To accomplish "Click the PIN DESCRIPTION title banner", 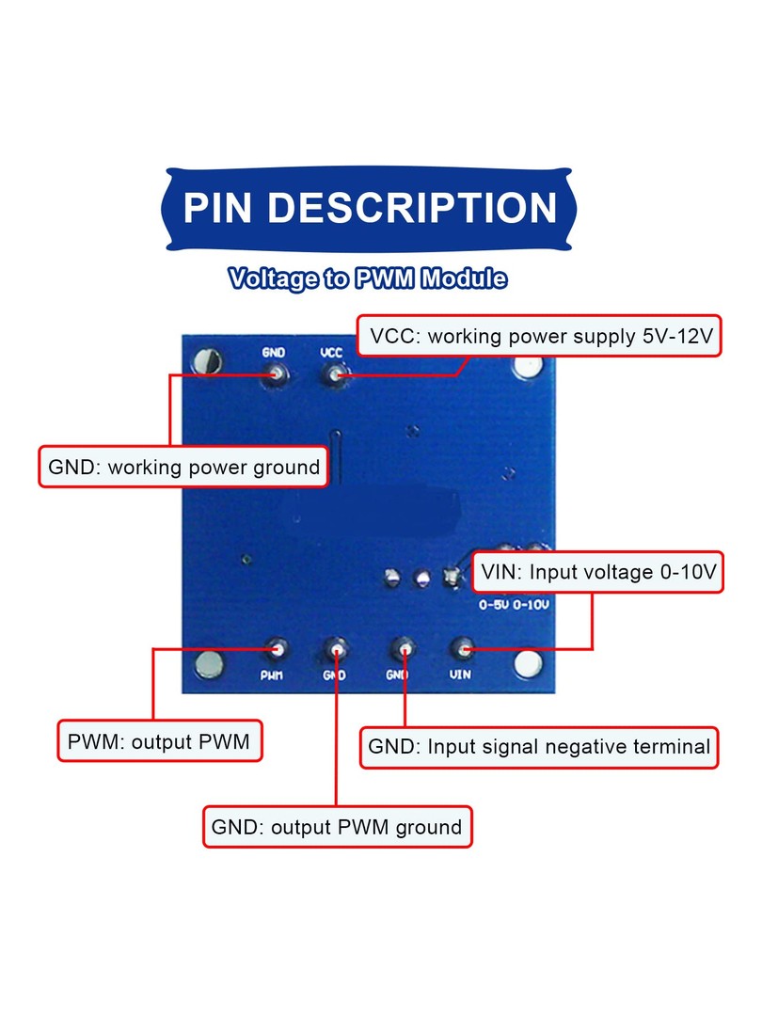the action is click(x=369, y=209).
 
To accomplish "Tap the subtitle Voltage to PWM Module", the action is click(x=368, y=278).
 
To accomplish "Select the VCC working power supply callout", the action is click(x=539, y=336).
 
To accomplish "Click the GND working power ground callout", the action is click(x=184, y=467).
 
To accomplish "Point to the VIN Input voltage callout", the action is click(x=597, y=572).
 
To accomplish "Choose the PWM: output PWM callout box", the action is click(x=159, y=741).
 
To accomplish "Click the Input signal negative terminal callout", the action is click(x=539, y=747).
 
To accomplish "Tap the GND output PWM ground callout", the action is click(x=337, y=827).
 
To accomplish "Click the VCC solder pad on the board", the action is click(x=334, y=375).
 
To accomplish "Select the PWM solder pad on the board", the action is click(x=278, y=648).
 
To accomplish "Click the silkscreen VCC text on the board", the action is click(x=331, y=353).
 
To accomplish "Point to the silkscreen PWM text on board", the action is click(x=272, y=675).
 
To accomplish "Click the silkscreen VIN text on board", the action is click(x=460, y=675).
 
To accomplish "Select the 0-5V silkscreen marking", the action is click(x=494, y=605).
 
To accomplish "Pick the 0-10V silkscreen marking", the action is click(x=531, y=605).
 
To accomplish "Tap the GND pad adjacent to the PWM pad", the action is click(x=336, y=648).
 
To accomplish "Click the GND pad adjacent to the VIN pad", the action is click(x=403, y=648).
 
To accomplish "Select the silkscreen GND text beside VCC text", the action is click(x=274, y=353).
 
